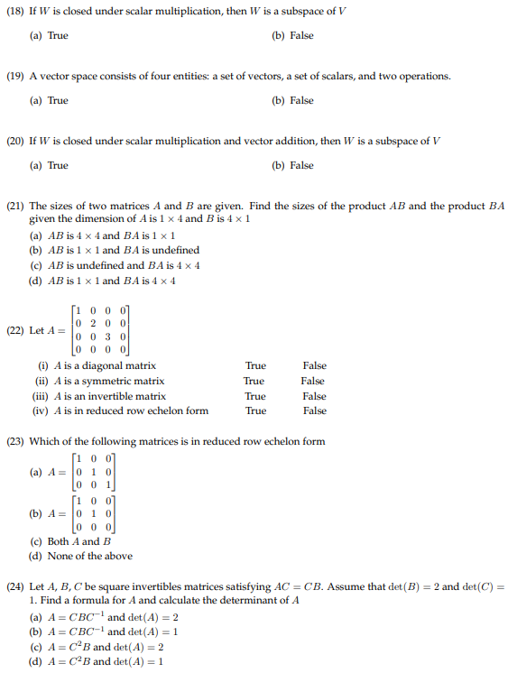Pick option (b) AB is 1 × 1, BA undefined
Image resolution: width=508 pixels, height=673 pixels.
pos(115,250)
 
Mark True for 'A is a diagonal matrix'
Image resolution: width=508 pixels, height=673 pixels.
pos(255,366)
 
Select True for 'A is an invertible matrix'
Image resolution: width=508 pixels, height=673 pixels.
pos(255,396)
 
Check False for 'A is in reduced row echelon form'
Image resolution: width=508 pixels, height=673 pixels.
pos(314,410)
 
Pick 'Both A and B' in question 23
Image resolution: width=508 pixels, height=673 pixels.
pos(71,541)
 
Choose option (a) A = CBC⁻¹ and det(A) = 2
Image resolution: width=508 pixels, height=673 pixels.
pos(105,617)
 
